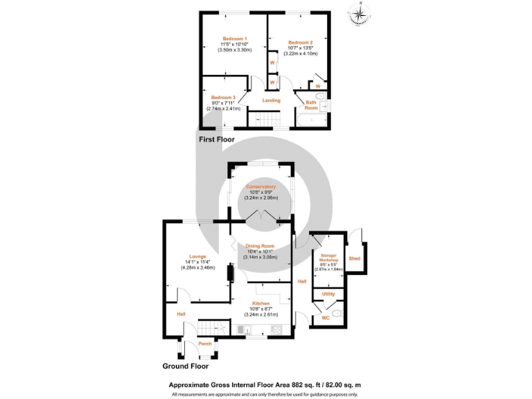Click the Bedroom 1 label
[235, 38]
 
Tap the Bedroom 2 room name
[301, 42]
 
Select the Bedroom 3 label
[223, 98]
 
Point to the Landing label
[272, 100]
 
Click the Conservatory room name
[261, 186]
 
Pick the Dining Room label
[260, 246]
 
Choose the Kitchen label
[260, 304]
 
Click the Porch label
[205, 344]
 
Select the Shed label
[354, 258]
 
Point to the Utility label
[328, 294]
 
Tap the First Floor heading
[217, 140]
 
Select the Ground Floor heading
[186, 366]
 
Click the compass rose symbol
[360, 14]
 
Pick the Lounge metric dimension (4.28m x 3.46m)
[197, 267]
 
